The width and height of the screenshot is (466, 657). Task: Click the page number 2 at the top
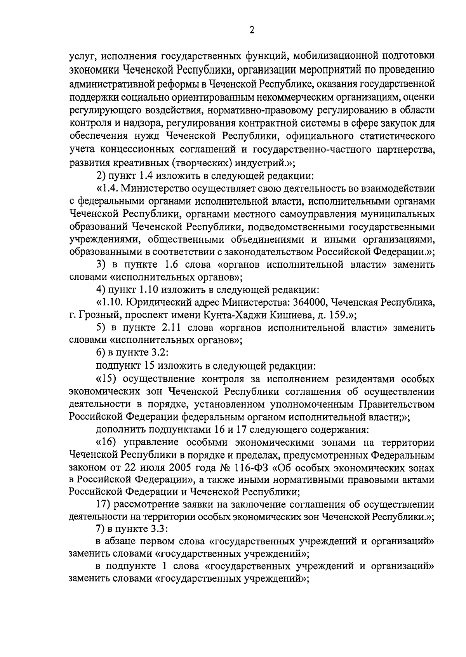pos(252,31)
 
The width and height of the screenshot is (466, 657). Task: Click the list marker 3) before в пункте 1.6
pos(101,265)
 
